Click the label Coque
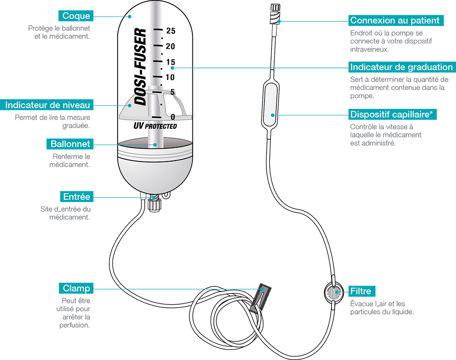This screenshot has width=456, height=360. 76,16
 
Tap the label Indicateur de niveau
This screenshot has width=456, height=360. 47,105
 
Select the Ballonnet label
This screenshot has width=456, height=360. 70,144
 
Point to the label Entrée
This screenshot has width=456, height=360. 77,197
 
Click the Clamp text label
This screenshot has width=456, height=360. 76,288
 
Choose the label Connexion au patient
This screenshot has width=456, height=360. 394,21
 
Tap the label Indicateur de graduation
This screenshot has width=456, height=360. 401,67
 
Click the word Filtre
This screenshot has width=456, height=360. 361,291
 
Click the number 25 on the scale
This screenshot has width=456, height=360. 171,31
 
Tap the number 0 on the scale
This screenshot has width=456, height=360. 172,117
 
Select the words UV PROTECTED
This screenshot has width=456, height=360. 155,125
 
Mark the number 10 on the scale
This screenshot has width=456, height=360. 171,77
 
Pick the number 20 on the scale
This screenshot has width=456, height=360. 171,46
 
